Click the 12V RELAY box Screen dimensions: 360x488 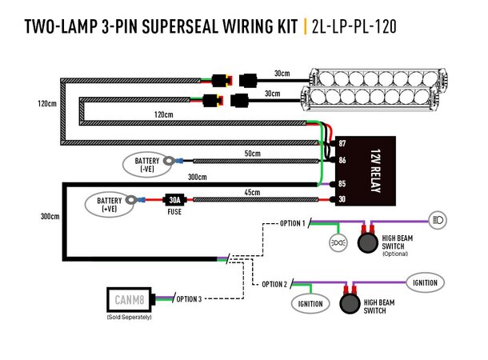pos(360,169)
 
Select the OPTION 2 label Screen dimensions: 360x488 pos(273,284)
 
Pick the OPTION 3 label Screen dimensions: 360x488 pos(188,299)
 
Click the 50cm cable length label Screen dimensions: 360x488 pos(254,152)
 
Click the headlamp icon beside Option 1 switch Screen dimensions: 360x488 pos(438,218)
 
